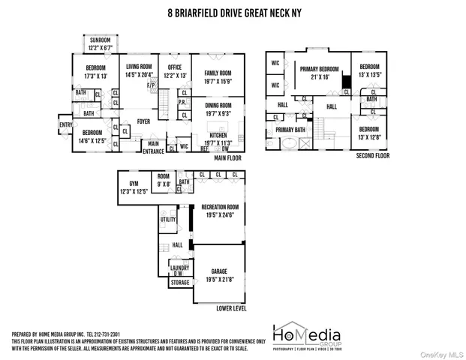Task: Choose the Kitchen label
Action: click(x=218, y=136)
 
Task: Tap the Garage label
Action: click(x=218, y=274)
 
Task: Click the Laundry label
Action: click(x=179, y=268)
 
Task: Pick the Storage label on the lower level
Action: click(x=179, y=283)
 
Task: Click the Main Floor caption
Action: click(x=230, y=158)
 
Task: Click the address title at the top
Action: click(x=233, y=12)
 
